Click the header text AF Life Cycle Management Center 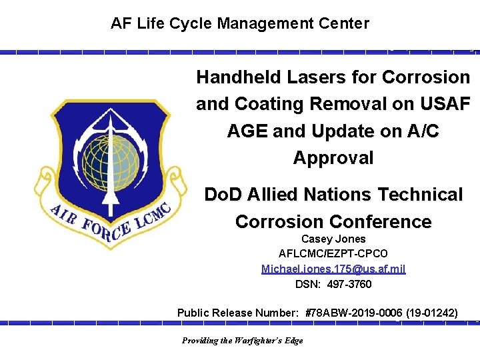click(239, 24)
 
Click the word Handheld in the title click(239, 77)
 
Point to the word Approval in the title click(333, 158)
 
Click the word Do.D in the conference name click(223, 195)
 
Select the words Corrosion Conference click(333, 221)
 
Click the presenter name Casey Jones click(333, 239)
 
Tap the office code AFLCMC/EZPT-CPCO click(333, 254)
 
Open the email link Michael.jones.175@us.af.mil click(333, 269)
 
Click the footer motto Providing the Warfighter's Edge click(242, 341)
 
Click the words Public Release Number click(239, 312)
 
